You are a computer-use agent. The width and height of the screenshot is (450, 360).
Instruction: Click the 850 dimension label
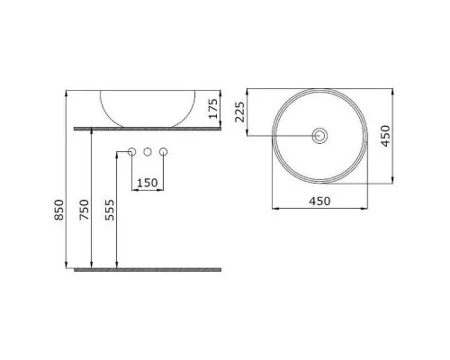point(59,210)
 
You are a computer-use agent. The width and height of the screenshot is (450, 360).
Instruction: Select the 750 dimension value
point(85,210)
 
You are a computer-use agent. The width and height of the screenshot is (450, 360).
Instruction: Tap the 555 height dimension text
point(110,210)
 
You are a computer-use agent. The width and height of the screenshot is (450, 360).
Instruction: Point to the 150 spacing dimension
point(148,183)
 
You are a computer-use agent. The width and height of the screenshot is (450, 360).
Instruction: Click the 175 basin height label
point(213,109)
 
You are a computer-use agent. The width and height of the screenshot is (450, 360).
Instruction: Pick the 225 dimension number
point(239,112)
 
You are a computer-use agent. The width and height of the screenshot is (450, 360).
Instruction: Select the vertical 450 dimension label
point(385,136)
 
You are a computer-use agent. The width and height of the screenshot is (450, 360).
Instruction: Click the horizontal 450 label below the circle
point(319,202)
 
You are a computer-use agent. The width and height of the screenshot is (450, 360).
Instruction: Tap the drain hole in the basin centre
point(319,136)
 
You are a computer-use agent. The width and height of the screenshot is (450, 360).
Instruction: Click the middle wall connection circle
point(148,152)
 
